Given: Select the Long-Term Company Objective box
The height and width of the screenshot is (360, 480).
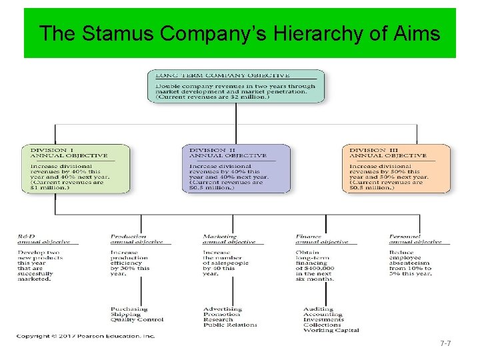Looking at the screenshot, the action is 236,86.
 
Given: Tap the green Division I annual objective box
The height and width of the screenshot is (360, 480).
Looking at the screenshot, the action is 75,169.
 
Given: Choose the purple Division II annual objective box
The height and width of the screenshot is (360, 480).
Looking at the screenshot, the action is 236,169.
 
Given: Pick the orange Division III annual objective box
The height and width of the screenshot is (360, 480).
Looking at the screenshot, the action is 396,169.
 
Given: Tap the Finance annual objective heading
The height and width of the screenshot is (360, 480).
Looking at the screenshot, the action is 321,239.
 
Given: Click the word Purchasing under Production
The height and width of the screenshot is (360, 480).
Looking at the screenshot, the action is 129,309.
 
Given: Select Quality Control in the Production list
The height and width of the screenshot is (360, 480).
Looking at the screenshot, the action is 136,320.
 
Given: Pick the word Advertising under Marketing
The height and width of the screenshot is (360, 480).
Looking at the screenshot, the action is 223,309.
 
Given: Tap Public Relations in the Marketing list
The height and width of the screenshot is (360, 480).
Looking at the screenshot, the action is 229,325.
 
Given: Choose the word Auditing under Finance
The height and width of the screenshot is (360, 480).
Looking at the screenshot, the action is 318,309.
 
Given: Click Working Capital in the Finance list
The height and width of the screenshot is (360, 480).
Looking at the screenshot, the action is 331,331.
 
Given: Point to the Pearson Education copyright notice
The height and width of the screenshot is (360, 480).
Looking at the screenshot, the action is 86,336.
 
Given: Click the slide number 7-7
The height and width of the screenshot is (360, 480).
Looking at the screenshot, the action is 446,343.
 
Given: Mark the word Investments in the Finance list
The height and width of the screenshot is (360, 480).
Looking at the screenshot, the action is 323,320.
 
